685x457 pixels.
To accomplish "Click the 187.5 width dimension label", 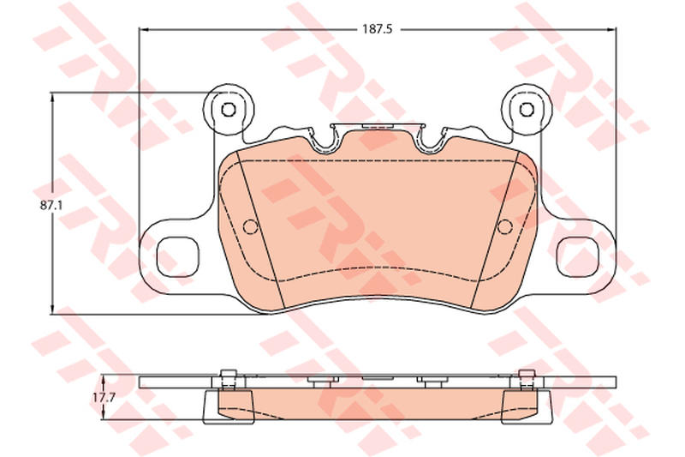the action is (x=378, y=29).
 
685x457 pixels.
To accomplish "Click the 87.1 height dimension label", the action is (x=51, y=205).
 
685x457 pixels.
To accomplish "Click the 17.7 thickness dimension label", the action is (x=103, y=398).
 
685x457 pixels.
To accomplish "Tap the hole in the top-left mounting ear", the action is (x=228, y=110).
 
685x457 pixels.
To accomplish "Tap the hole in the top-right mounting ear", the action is (x=527, y=109).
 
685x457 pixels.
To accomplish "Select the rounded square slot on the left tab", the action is (x=178, y=257).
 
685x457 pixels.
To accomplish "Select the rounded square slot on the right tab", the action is (x=577, y=257).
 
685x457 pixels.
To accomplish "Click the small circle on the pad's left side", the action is (x=250, y=226).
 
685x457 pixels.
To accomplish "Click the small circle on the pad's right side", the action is (x=505, y=226).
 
